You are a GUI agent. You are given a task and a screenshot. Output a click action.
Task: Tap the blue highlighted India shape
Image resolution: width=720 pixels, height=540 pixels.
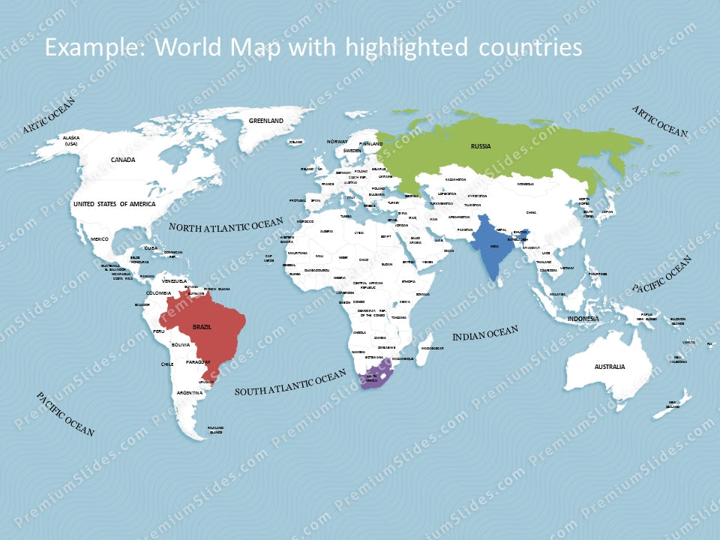pos(491,251)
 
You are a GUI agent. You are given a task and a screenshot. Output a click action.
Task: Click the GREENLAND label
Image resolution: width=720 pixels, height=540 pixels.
pos(266,121)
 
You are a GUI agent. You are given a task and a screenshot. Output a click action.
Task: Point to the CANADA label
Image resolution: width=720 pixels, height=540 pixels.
pos(123,160)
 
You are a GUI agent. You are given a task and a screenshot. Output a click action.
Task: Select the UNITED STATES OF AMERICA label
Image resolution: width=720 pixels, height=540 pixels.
pos(115,204)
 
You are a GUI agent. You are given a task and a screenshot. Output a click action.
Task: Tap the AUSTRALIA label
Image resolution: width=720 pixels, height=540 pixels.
pos(610,367)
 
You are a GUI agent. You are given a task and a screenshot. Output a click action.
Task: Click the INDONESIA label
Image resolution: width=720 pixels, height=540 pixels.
pos(583,319)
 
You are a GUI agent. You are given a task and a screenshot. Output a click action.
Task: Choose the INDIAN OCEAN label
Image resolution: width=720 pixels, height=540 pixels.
pos(485,334)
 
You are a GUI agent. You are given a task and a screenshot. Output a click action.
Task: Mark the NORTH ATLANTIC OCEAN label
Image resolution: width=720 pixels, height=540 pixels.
pos(226,225)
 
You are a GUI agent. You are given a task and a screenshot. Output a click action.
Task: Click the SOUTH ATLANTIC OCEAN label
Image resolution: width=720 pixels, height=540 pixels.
pos(290,385)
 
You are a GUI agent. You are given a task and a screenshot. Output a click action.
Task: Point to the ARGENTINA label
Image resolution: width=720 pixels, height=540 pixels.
pos(190,393)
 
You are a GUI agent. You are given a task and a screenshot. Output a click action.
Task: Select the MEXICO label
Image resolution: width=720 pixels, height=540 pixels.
pos(100,238)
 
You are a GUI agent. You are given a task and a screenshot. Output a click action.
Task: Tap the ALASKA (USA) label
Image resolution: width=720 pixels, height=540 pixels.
pos(71,141)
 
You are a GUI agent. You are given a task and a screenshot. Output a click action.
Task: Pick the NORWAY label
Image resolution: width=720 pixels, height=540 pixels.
pos(337,142)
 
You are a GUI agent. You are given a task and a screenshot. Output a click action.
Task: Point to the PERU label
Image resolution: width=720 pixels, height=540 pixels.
pos(158,331)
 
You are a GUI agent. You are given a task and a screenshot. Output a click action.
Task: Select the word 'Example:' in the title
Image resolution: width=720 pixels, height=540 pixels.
pos(97,47)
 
